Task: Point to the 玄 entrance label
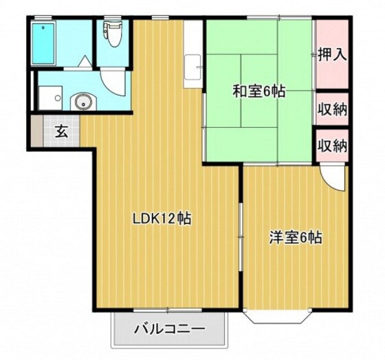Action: (61, 132)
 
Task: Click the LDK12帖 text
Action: (162, 220)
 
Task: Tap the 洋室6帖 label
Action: (295, 238)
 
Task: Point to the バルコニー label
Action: (170, 330)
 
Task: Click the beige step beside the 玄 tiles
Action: (38, 132)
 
